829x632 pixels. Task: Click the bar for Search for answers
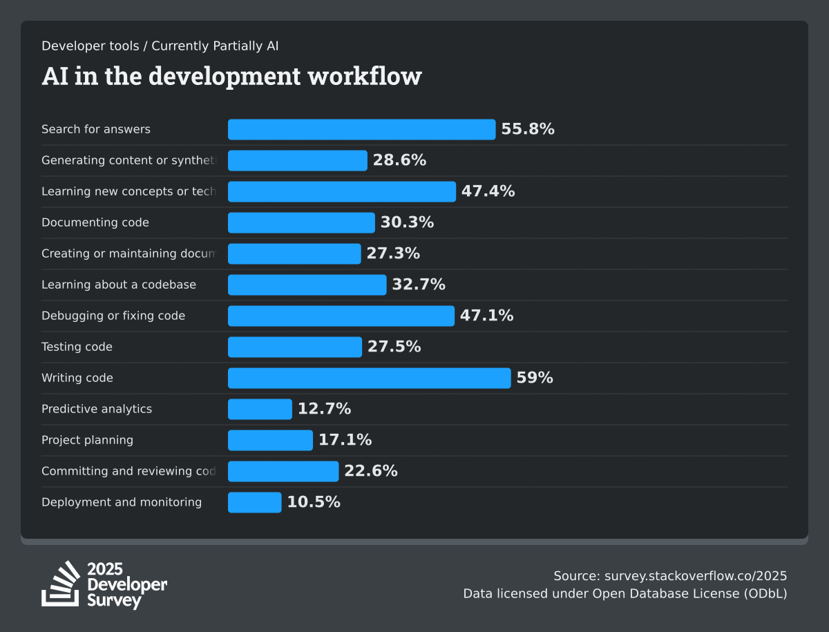tap(361, 129)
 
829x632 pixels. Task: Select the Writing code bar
tap(369, 378)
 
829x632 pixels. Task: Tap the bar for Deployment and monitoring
tap(254, 502)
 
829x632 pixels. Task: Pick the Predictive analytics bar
tap(260, 409)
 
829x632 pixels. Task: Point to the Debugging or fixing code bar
tap(341, 316)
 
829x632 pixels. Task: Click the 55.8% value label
tap(528, 129)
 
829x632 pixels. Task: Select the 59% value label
tap(535, 378)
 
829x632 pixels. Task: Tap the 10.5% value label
tap(314, 502)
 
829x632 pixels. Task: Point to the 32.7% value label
tap(419, 285)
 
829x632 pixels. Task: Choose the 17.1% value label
tap(345, 440)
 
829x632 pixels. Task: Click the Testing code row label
tap(77, 347)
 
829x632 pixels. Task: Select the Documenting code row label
tap(95, 222)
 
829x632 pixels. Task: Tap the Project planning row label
tap(87, 440)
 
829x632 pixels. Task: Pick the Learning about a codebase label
tap(119, 285)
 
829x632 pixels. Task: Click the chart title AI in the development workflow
tap(231, 76)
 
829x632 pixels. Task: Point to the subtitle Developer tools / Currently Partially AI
tap(160, 46)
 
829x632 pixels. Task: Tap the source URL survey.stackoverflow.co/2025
tap(696, 576)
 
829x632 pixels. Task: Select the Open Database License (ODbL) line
tap(625, 593)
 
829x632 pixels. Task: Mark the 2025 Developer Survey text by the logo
tap(127, 584)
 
